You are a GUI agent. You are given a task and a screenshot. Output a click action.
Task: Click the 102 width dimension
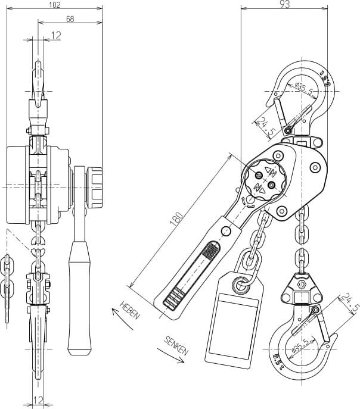(55, 5)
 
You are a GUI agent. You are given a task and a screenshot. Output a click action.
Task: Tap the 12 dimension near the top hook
(55, 36)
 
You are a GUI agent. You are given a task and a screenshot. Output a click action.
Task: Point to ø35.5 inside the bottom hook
(299, 344)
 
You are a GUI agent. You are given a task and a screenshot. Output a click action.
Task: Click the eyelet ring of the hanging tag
(241, 284)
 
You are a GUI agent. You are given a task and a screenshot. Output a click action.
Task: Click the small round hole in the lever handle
(225, 230)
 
